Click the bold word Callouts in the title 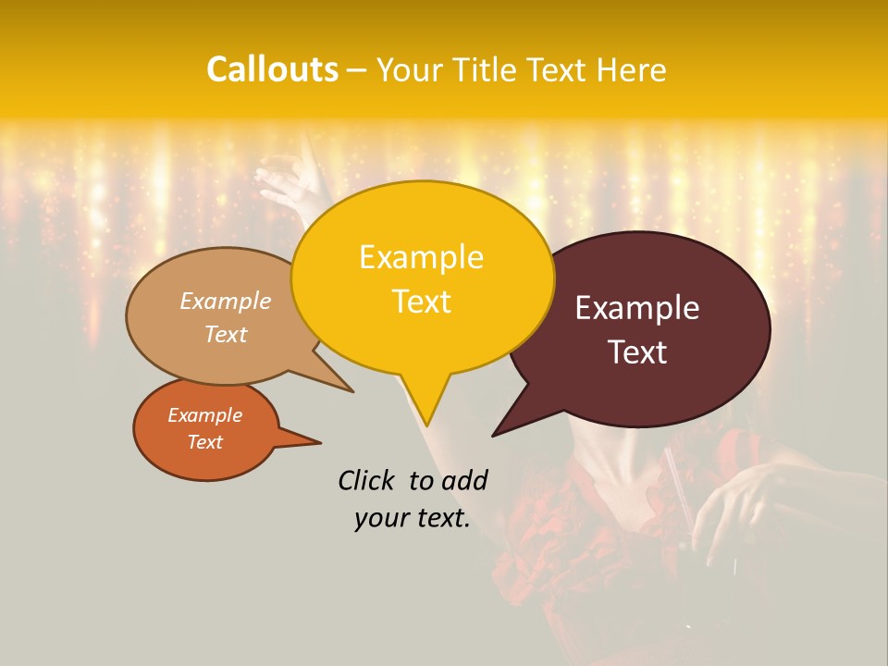pyautogui.click(x=272, y=69)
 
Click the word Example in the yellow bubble pyautogui.click(x=421, y=257)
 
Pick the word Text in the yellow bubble pyautogui.click(x=421, y=302)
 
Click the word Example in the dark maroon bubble pyautogui.click(x=637, y=308)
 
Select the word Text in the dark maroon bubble pyautogui.click(x=637, y=352)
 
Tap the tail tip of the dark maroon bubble pyautogui.click(x=494, y=435)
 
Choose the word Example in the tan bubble pyautogui.click(x=226, y=302)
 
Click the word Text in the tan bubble pyautogui.click(x=226, y=335)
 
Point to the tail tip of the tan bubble pyautogui.click(x=352, y=391)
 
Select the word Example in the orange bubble pyautogui.click(x=204, y=415)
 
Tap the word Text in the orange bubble pyautogui.click(x=204, y=442)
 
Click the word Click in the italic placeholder pyautogui.click(x=368, y=480)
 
